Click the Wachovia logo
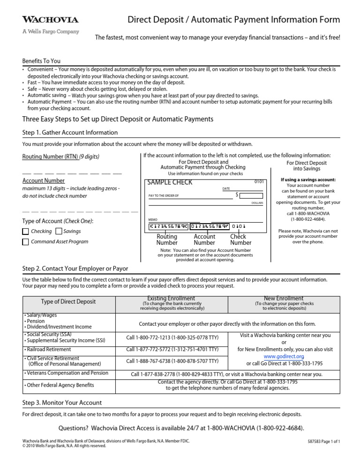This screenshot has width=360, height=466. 51,20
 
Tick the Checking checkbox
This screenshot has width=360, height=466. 26,231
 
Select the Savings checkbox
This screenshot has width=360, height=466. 59,231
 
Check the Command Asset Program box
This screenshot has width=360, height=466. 26,242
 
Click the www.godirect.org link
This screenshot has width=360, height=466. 285,356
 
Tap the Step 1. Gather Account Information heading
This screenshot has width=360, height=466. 70,133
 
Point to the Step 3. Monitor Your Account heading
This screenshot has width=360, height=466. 62,403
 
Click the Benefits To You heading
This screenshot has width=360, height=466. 41,61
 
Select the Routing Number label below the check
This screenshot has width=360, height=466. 167,240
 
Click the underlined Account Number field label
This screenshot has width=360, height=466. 44,180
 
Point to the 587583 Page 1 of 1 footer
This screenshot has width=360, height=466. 322,442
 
